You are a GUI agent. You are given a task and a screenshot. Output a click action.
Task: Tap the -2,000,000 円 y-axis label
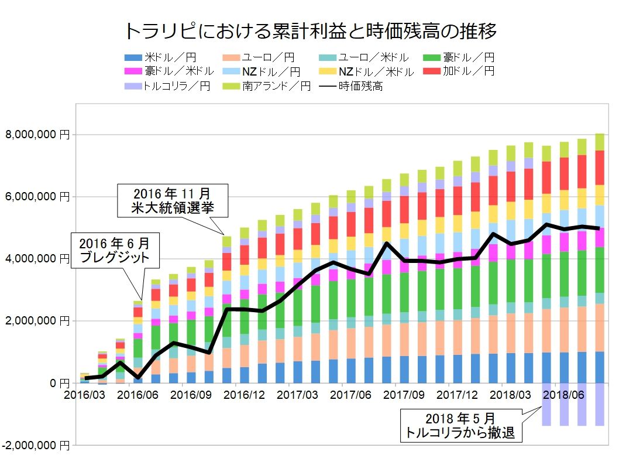pyautogui.click(x=36, y=446)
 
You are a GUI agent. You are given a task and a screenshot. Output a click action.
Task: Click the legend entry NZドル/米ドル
pyautogui.click(x=376, y=71)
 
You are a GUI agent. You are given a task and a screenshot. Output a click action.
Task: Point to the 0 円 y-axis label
pyautogui.click(x=56, y=383)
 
